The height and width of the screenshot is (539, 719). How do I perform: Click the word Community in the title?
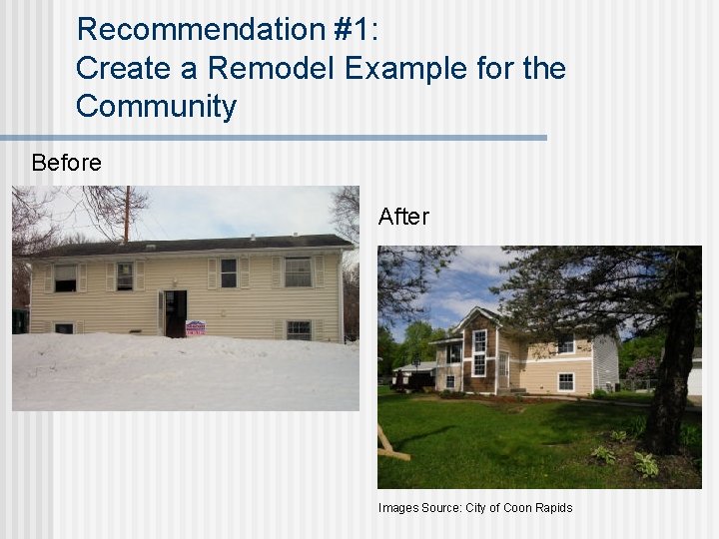click(156, 106)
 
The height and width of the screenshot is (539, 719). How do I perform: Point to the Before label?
click(66, 163)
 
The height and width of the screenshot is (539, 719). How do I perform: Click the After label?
click(403, 217)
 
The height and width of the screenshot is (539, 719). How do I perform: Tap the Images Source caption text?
click(419, 508)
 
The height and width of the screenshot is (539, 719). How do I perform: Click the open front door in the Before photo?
click(176, 311)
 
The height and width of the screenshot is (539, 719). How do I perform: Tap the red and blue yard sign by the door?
click(195, 327)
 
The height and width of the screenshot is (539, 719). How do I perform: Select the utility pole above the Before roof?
click(127, 215)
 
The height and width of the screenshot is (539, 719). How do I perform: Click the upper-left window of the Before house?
click(65, 276)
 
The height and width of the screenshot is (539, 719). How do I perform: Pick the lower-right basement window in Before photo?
click(298, 328)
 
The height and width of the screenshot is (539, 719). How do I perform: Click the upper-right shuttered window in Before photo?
click(298, 271)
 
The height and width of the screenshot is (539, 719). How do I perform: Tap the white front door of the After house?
click(503, 370)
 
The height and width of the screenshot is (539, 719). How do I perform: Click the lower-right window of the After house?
click(565, 380)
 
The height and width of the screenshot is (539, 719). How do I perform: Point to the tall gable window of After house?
click(480, 353)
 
